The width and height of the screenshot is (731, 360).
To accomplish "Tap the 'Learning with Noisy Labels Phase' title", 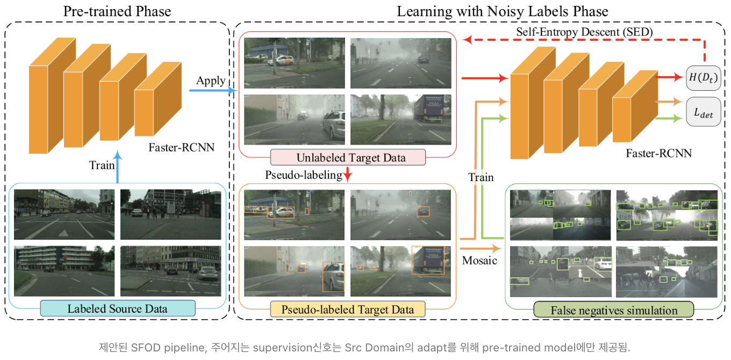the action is coord(503,11).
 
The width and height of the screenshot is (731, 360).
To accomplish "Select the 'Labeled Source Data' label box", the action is coord(117,308).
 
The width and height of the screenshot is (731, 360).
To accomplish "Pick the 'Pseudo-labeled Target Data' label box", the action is coord(348,309).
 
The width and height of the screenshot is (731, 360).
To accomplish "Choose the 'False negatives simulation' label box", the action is coord(614,310).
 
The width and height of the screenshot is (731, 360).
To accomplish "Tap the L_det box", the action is coord(703,112).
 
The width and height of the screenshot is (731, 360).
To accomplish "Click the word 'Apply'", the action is coord(211,81).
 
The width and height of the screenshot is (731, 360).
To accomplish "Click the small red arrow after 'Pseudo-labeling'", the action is coord(348,175).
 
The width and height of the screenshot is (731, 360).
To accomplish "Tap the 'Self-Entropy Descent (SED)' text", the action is coord(584,32).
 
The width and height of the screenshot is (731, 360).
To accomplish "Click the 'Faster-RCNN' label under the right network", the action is coord(658,153).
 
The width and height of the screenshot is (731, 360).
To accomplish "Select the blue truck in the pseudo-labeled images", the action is coord(428,260).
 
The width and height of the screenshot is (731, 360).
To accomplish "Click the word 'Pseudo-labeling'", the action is coord(304,175).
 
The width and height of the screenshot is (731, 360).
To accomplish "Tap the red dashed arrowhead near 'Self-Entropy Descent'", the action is coord(467,39).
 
